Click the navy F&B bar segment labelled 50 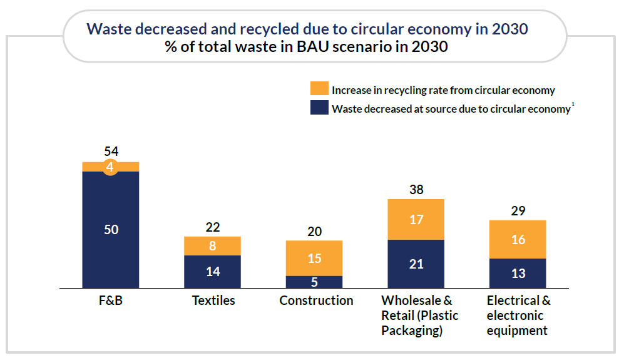click(111, 230)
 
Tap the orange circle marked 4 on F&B click(110, 167)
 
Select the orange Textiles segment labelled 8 click(212, 246)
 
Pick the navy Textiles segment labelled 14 click(212, 272)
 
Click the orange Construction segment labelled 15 click(314, 258)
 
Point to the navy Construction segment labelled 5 click(314, 282)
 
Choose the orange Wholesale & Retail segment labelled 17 click(416, 219)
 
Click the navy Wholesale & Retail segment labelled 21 click(416, 264)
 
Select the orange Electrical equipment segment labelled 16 click(518, 239)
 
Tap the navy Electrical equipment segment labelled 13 click(518, 273)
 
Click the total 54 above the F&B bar click(111, 152)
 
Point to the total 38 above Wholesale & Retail click(416, 189)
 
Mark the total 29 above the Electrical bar click(518, 210)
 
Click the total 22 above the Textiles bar click(212, 227)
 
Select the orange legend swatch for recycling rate click(319, 89)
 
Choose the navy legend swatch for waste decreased click(319, 108)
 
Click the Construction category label click(316, 301)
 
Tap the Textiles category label click(213, 301)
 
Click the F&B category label click(111, 301)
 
